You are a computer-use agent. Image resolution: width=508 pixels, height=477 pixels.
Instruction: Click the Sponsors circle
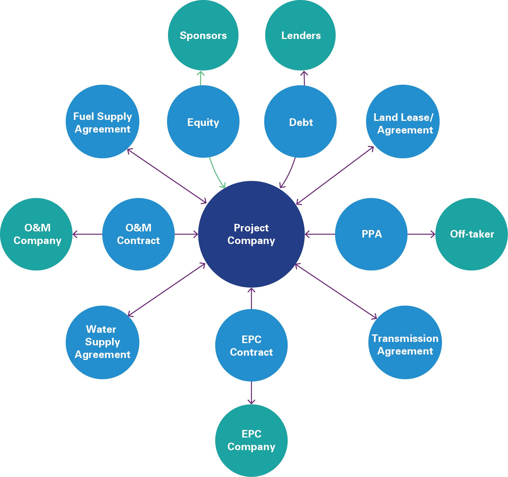(203, 35)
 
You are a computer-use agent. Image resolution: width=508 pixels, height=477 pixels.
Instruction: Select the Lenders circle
(301, 35)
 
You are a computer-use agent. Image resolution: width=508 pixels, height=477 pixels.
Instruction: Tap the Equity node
(203, 122)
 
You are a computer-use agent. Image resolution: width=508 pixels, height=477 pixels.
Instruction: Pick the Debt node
(301, 122)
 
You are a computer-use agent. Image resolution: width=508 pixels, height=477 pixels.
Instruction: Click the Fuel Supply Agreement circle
(102, 122)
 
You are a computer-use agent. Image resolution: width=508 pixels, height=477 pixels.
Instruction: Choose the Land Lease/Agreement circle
(403, 122)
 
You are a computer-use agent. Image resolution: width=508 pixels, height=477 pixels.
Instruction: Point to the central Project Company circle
(251, 234)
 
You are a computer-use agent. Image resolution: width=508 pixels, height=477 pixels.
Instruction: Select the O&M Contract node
(138, 234)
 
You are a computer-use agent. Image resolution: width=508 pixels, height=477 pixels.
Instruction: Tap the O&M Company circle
(36, 234)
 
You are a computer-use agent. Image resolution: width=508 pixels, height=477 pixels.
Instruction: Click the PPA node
(371, 234)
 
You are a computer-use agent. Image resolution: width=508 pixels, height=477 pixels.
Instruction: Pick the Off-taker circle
(472, 234)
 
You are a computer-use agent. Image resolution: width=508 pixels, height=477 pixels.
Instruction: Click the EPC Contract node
(251, 345)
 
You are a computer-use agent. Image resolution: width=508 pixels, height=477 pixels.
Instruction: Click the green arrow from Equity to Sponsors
(201, 78)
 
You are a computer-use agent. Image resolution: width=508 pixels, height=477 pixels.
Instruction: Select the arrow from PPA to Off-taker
(421, 234)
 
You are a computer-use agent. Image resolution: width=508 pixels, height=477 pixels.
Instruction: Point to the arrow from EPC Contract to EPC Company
(251, 393)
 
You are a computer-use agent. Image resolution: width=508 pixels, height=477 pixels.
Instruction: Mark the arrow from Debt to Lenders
(304, 78)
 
